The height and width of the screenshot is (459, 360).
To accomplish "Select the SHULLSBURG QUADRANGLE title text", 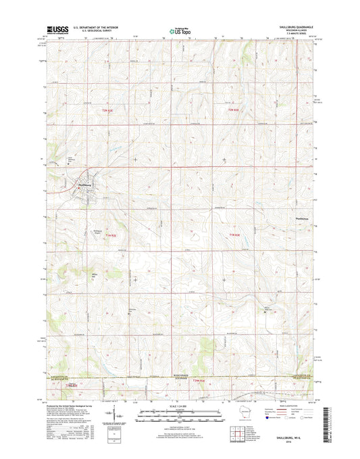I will tap(299, 25).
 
